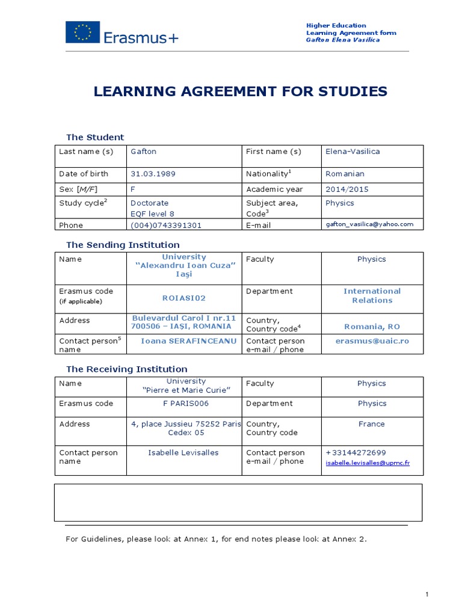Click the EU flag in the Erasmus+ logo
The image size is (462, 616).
[83, 32]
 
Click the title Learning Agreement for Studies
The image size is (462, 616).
[241, 91]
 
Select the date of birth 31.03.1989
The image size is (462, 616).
[153, 174]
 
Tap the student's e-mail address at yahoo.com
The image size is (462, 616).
[369, 224]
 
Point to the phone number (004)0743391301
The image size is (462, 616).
[166, 225]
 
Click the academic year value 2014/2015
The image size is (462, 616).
[347, 189]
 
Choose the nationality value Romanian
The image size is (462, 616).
[345, 174]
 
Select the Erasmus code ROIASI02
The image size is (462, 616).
[183, 298]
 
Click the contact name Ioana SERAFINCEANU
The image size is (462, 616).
[184, 341]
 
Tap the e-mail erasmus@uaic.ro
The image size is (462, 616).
[372, 340]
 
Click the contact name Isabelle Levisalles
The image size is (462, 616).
[183, 452]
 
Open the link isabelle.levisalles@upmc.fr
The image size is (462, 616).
[368, 463]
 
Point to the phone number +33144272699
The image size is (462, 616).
[356, 452]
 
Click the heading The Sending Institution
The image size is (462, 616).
[123, 245]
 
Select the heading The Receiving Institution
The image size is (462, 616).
[126, 369]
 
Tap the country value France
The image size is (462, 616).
[371, 424]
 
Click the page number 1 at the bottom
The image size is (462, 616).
[427, 595]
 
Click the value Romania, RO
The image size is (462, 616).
[372, 327]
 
